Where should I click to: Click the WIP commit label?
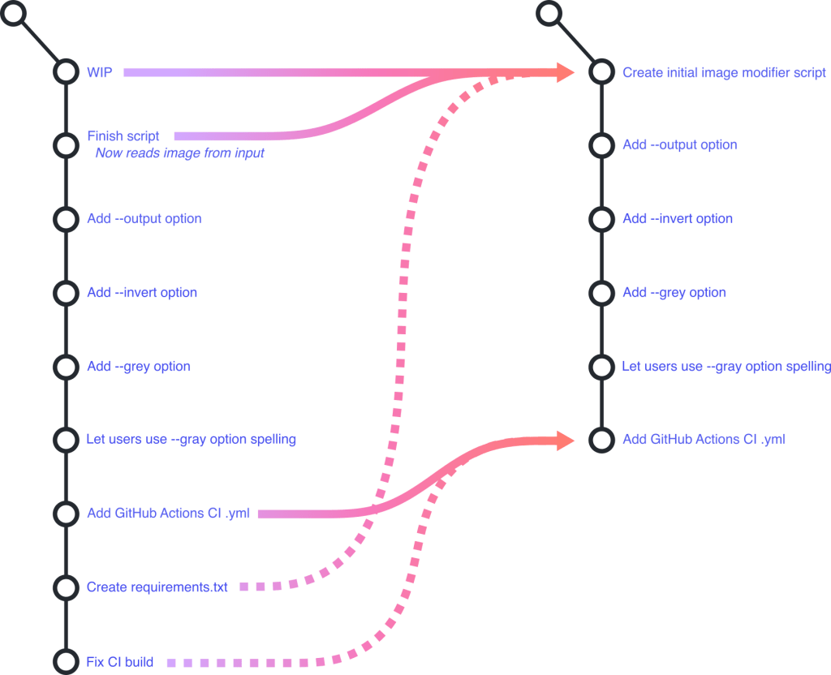pyautogui.click(x=96, y=72)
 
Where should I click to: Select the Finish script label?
pyautogui.click(x=123, y=136)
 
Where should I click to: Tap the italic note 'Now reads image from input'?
pyautogui.click(x=179, y=153)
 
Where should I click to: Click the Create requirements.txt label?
pyautogui.click(x=157, y=587)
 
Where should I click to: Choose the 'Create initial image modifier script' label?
pyautogui.click(x=724, y=73)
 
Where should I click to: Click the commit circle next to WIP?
pyautogui.click(x=65, y=72)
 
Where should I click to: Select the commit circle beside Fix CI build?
pyautogui.click(x=65, y=660)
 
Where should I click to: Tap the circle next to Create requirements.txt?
pyautogui.click(x=65, y=587)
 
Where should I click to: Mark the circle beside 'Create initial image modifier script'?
pyautogui.click(x=601, y=72)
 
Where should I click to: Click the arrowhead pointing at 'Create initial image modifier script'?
pyautogui.click(x=566, y=72)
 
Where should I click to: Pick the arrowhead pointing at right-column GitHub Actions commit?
pyautogui.click(x=566, y=440)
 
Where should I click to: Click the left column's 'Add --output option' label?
pyautogui.click(x=144, y=219)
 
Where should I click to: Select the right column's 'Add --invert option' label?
pyautogui.click(x=678, y=219)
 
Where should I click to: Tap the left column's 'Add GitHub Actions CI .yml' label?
pyautogui.click(x=168, y=514)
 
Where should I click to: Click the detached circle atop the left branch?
pyautogui.click(x=15, y=12)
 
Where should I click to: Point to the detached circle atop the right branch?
pyautogui.click(x=549, y=12)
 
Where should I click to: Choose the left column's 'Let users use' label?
pyautogui.click(x=192, y=440)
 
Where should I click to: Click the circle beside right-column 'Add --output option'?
pyautogui.click(x=601, y=145)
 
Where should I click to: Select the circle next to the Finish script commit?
pyautogui.click(x=65, y=145)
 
